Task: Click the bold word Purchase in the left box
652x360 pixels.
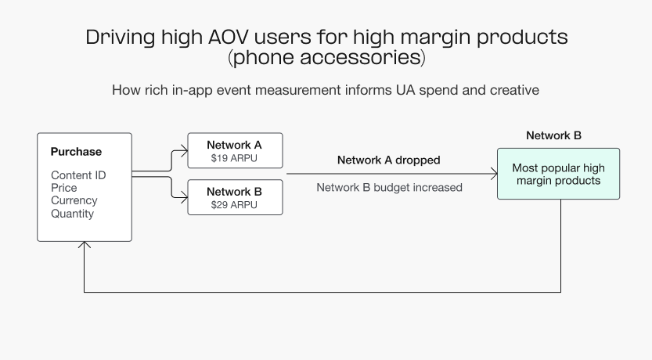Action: (x=76, y=152)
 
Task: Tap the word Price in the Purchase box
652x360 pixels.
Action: (x=64, y=188)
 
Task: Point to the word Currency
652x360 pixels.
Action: (x=74, y=200)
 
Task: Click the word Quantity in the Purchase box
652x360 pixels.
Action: (x=72, y=214)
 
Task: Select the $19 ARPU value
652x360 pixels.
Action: (x=234, y=158)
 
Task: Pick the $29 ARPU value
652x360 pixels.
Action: (x=234, y=204)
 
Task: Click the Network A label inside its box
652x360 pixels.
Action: (x=234, y=145)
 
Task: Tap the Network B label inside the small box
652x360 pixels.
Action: (x=234, y=191)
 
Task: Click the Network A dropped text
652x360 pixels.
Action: (x=388, y=160)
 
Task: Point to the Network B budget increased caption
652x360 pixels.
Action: (x=389, y=187)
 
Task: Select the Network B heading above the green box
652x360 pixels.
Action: (x=553, y=135)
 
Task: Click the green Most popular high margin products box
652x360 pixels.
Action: (x=558, y=174)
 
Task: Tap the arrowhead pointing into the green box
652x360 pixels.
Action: (x=493, y=174)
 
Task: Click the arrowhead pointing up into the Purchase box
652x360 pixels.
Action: (x=85, y=246)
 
